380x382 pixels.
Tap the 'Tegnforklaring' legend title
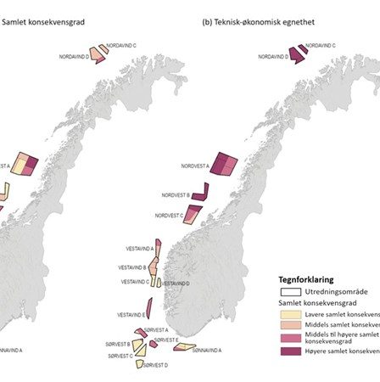307,278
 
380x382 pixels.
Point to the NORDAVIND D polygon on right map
295,55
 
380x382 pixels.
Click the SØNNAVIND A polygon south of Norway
184,346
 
